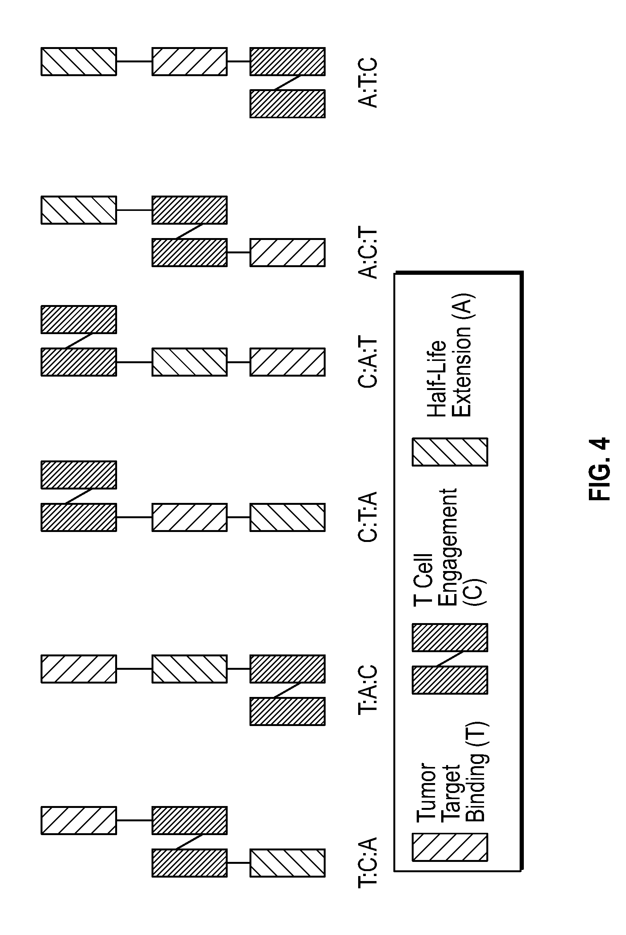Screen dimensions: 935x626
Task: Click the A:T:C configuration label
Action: pyautogui.click(x=368, y=83)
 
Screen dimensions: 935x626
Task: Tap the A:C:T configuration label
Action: pyautogui.click(x=368, y=253)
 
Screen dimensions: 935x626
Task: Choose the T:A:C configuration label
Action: pyautogui.click(x=368, y=689)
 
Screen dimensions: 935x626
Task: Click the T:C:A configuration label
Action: pyautogui.click(x=368, y=863)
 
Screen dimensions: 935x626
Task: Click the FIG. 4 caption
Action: pyautogui.click(x=599, y=470)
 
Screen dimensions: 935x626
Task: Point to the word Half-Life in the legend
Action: pyautogui.click(x=436, y=379)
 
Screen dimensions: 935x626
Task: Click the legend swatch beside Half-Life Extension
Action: pyautogui.click(x=450, y=452)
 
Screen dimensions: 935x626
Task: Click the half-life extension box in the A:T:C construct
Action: pyautogui.click(x=79, y=62)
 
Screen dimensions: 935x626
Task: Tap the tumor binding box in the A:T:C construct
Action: pyautogui.click(x=190, y=62)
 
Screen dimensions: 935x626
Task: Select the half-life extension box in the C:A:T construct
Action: pyautogui.click(x=190, y=362)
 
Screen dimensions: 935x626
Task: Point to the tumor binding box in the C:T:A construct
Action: pyautogui.click(x=190, y=517)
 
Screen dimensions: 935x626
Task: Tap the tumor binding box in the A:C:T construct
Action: pyautogui.click(x=287, y=252)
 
